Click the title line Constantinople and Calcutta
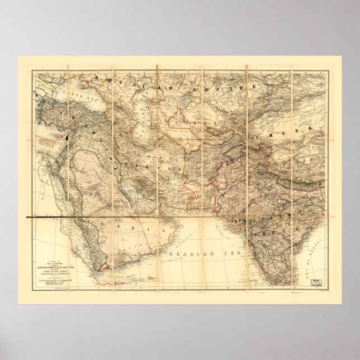[60, 270]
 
